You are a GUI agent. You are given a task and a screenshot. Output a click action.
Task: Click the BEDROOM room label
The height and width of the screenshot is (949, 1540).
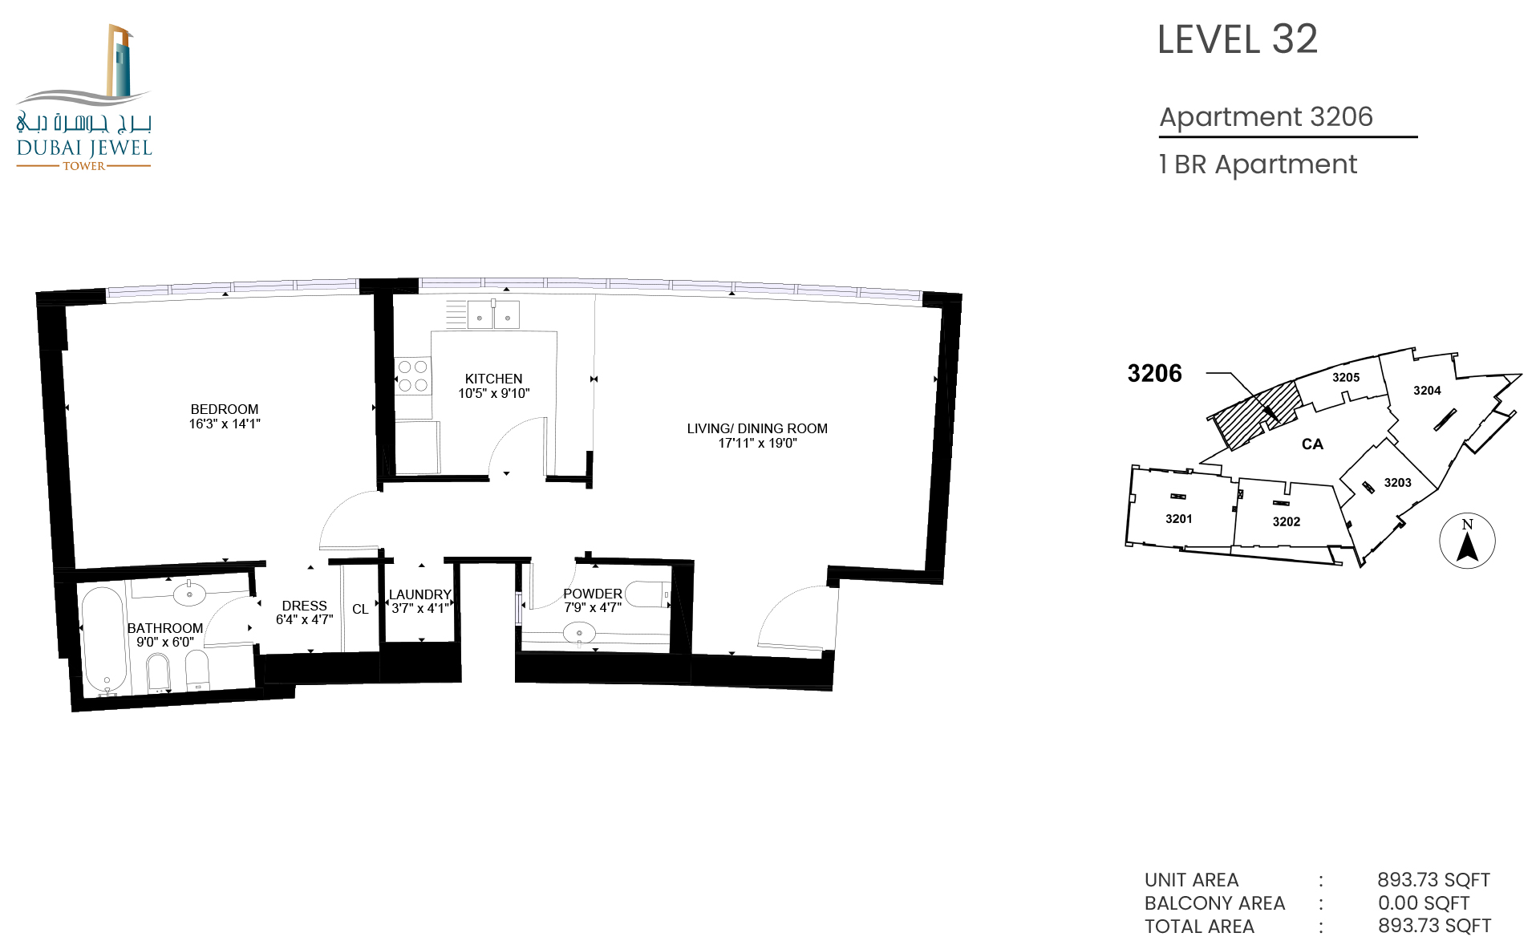(225, 409)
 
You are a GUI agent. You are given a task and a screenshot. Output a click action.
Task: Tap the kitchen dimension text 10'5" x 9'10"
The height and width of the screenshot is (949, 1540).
(494, 393)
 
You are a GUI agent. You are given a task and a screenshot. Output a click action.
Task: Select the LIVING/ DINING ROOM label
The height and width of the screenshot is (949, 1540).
(757, 428)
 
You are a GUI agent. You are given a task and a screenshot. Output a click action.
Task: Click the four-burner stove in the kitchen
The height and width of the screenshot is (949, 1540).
(413, 375)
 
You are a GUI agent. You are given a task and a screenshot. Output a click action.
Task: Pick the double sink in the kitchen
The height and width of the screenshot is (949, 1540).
(493, 314)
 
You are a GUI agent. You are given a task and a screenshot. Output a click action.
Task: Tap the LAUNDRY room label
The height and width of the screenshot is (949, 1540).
(420, 594)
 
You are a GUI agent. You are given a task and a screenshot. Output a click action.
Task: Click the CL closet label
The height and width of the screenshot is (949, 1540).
(360, 610)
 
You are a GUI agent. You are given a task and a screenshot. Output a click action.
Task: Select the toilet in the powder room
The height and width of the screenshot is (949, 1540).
(647, 594)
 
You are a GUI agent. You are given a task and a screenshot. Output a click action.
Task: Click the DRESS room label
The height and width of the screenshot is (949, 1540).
(305, 606)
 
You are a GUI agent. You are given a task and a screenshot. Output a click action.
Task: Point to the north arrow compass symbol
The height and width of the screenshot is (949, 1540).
(1467, 541)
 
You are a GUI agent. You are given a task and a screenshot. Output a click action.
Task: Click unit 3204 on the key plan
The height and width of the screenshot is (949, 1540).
(1427, 391)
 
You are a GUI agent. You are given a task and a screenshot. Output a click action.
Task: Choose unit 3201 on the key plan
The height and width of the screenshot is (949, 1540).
(1179, 519)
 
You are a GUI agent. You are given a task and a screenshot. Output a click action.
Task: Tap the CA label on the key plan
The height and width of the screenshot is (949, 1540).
(1312, 444)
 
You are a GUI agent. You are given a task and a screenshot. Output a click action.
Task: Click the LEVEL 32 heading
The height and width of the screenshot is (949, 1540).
(1238, 39)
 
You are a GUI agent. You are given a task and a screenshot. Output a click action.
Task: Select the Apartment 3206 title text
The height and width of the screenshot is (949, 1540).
(1266, 117)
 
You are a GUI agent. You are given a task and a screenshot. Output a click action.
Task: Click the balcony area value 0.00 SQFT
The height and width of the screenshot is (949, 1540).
(1424, 903)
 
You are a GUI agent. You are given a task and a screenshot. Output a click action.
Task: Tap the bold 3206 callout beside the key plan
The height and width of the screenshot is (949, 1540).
(1155, 373)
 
